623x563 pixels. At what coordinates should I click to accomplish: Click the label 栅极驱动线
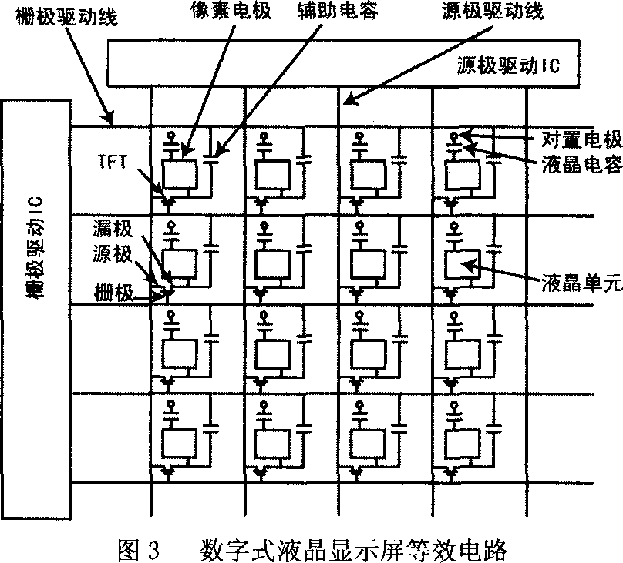click(65, 18)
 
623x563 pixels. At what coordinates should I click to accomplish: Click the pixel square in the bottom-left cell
click(178, 441)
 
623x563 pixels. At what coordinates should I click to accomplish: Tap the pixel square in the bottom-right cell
click(462, 441)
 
